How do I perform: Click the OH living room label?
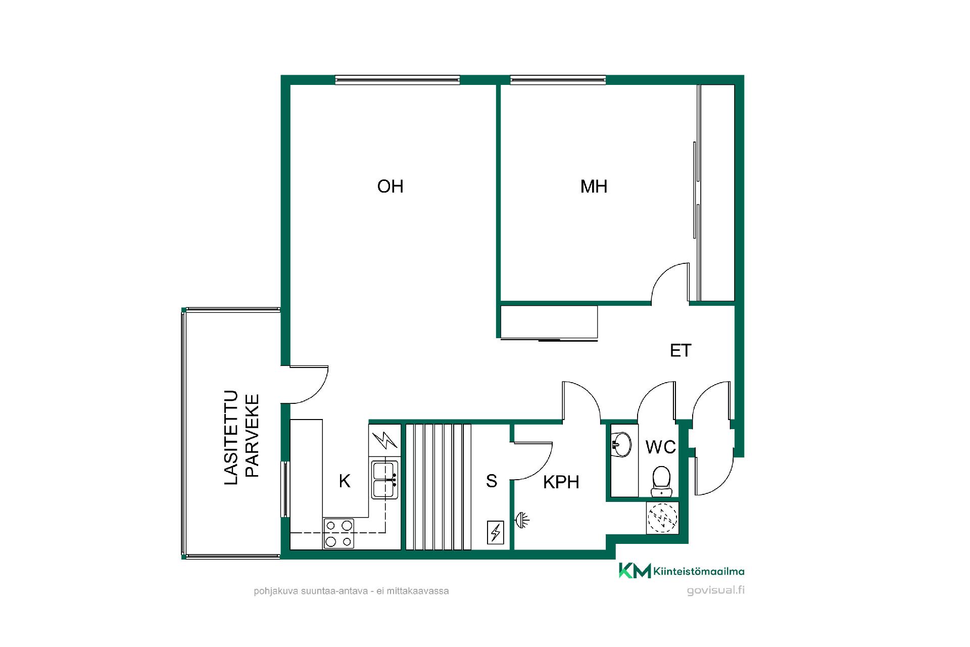[x=390, y=187]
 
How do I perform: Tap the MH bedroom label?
[x=594, y=187]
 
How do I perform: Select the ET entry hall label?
[x=680, y=350]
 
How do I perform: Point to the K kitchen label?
[x=345, y=481]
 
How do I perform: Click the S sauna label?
[x=491, y=481]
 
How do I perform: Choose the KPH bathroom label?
[x=561, y=482]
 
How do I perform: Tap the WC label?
[x=661, y=447]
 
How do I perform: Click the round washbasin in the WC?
[x=621, y=444]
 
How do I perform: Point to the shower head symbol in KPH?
[x=521, y=520]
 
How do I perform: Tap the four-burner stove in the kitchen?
[x=339, y=533]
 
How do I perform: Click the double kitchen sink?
[x=385, y=480]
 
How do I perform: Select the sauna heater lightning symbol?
[x=495, y=532]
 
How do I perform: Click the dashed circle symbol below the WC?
[x=662, y=518]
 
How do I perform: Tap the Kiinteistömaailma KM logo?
[x=682, y=571]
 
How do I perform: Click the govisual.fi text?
[x=715, y=590]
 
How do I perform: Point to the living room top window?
[x=398, y=79]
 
